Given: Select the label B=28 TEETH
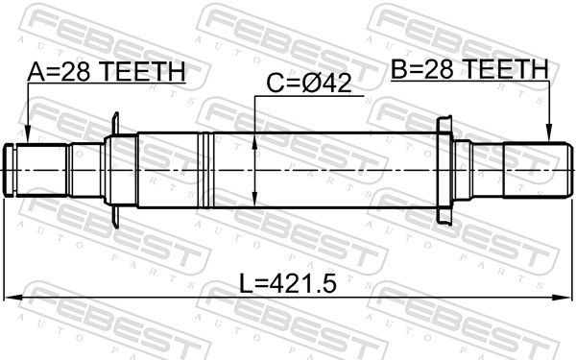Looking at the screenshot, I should [x=468, y=69].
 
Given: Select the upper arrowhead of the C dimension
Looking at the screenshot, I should [x=254, y=137].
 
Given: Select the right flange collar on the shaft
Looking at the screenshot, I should [x=444, y=168].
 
